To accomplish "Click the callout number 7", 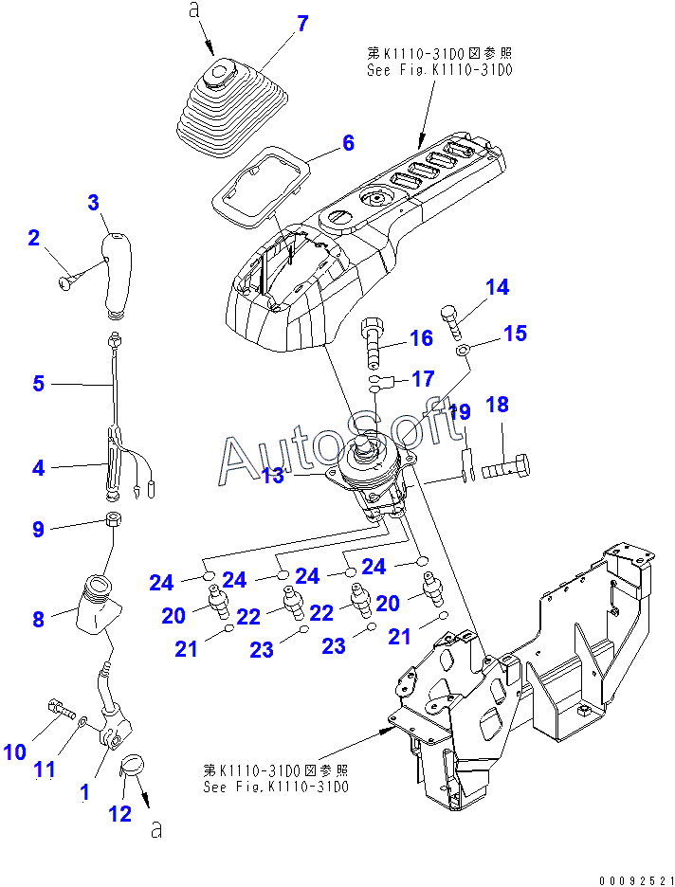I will click(302, 24).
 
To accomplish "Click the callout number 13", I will click(273, 476).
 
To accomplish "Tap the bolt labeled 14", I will click(450, 322).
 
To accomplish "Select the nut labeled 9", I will click(112, 519).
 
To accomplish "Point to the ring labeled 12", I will click(132, 765).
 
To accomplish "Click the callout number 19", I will click(460, 412).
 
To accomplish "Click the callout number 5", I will click(38, 384).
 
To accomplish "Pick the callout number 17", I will click(423, 379).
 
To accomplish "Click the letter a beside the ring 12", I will click(157, 832).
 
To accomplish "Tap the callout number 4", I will click(38, 467).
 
